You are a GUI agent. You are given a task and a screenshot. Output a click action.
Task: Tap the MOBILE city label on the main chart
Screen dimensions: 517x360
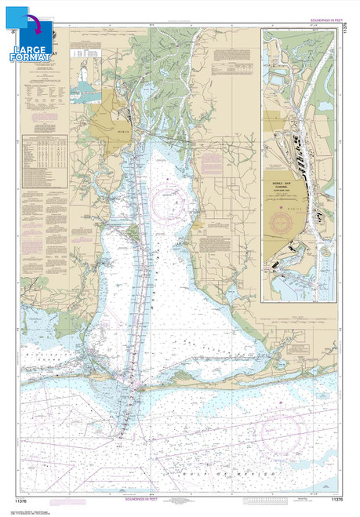pyautogui.click(x=116, y=131)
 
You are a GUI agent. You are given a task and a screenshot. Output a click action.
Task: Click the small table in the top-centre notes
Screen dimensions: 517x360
pyautogui.click(x=81, y=54)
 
